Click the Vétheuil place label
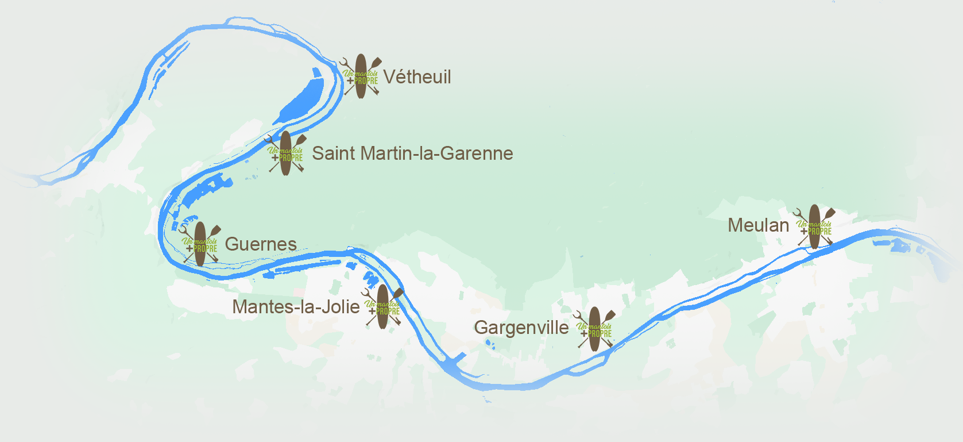pos(417,77)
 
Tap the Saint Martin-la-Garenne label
pos(412,153)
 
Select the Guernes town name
pos(261,244)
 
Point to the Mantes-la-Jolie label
pos(296,307)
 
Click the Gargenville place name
pos(521,328)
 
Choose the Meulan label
pos(759,225)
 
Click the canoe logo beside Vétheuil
pos(361,76)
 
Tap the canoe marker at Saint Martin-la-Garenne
pos(285,153)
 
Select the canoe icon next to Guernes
pos(200,244)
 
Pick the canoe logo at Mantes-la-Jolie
pos(382,307)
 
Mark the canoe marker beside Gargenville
pos(594,329)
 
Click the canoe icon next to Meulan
pos(814,226)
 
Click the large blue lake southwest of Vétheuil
pos(304,98)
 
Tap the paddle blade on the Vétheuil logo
pos(376,62)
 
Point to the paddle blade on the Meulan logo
pos(830,213)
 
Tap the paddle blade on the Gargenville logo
pos(610,315)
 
